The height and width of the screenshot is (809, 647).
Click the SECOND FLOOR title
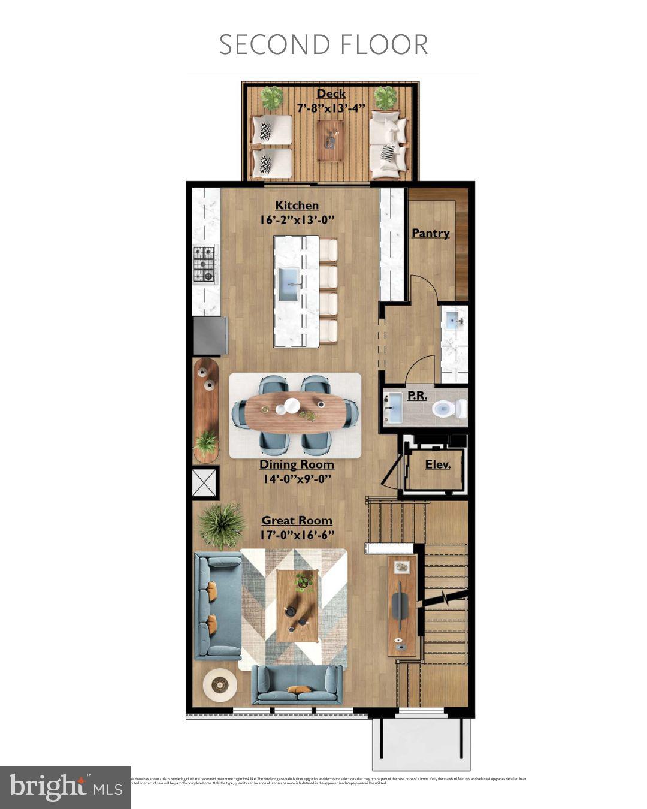point(323,45)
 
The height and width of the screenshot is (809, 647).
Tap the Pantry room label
point(430,233)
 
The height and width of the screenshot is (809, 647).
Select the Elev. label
point(437,464)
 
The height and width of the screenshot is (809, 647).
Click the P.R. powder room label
point(417,396)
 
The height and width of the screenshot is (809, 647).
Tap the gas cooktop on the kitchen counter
point(204,264)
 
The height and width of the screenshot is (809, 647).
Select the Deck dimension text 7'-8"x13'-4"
point(331,108)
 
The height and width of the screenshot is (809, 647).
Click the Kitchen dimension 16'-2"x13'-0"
point(297,220)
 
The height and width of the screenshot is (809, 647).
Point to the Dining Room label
point(297,464)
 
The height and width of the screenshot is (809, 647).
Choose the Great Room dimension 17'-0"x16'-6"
point(297,535)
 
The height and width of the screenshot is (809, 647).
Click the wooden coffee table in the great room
point(298,605)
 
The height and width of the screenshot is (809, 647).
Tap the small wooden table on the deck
point(330,140)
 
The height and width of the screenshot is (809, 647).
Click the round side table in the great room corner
point(220,684)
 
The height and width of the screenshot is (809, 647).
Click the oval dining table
point(296,412)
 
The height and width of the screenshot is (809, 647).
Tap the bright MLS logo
point(65,787)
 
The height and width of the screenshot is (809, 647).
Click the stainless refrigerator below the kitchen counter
point(210,336)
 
